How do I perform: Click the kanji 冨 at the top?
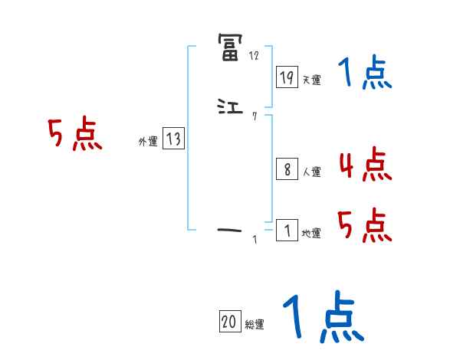(230, 47)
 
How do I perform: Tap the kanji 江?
(230, 109)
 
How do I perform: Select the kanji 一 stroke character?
(230, 229)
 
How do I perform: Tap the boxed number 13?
(173, 139)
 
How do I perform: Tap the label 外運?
(148, 142)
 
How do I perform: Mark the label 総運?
(255, 325)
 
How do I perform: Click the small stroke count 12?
(254, 56)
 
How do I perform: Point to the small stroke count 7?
(254, 116)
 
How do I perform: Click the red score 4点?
(364, 165)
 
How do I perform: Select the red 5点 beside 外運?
(74, 135)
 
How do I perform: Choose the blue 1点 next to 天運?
(364, 74)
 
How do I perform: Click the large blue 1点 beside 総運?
(322, 318)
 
